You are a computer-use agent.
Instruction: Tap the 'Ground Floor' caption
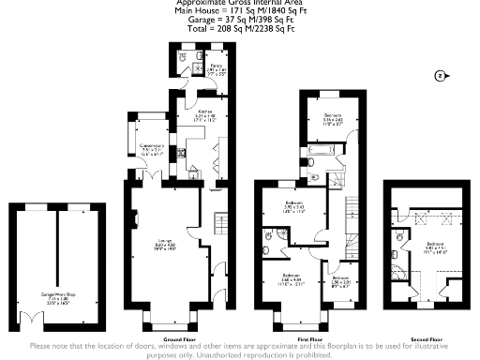178,338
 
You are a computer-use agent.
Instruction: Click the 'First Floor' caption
309,338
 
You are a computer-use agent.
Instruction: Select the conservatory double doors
153,175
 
